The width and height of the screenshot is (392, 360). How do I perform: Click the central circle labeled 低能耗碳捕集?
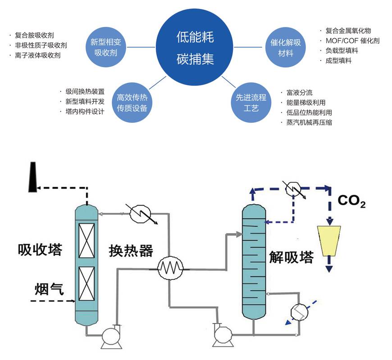[195, 47]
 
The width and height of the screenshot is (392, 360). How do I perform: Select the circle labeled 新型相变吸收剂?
[106, 47]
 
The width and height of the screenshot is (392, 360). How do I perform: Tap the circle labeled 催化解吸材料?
[286, 47]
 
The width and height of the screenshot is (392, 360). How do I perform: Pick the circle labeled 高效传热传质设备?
[132, 103]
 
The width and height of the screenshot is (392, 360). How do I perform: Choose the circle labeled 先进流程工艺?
[251, 103]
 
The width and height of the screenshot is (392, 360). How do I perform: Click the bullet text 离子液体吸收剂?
[38, 55]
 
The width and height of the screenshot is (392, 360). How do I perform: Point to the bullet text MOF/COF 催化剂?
[352, 40]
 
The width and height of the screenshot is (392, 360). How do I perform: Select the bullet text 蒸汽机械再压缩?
[309, 122]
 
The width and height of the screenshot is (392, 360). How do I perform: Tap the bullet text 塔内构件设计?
[85, 111]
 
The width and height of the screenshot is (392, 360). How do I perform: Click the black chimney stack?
[32, 177]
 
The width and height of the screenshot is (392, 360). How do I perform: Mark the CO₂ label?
[351, 201]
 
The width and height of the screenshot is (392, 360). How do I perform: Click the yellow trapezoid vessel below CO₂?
[329, 241]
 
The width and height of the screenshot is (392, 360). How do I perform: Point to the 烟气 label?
[49, 289]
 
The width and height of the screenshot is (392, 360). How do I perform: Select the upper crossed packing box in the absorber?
[87, 241]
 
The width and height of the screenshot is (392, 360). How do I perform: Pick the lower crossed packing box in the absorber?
[87, 283]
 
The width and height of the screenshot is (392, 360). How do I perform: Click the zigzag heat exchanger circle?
[170, 269]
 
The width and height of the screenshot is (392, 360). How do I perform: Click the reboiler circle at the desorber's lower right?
[300, 312]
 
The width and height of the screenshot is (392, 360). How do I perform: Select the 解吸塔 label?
[292, 257]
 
